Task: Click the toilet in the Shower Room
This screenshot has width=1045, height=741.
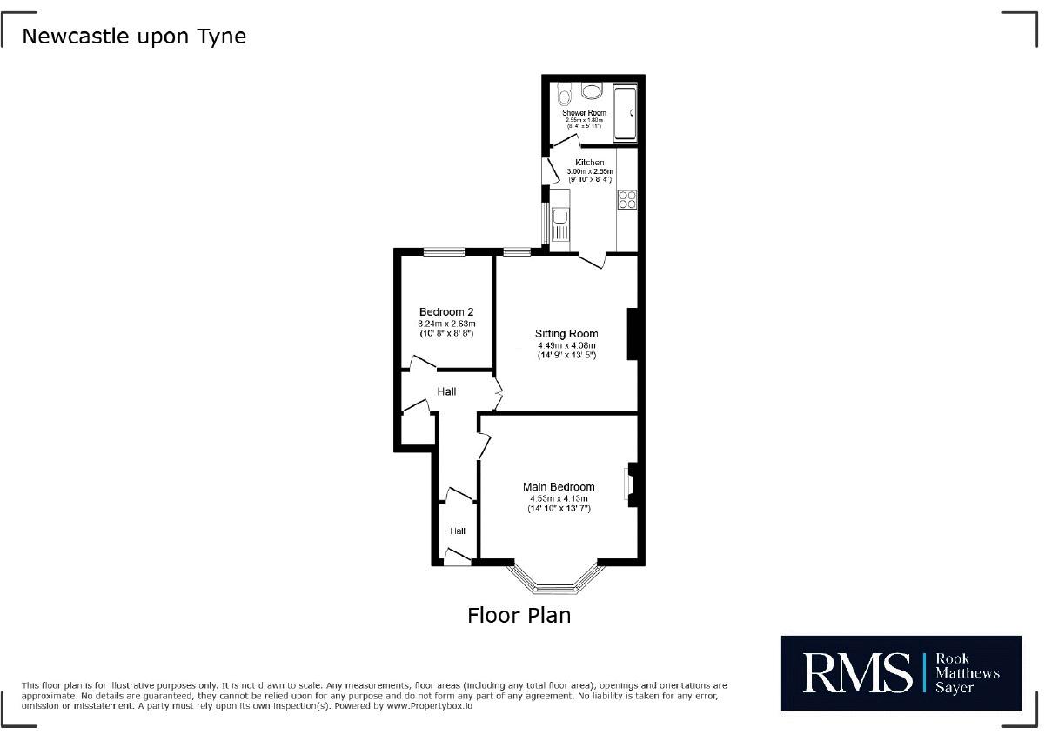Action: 564,95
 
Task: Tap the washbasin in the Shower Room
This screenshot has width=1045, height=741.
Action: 592,91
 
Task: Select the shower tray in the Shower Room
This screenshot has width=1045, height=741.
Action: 625,113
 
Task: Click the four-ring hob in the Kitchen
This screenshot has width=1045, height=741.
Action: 627,199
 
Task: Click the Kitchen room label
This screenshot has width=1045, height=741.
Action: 590,163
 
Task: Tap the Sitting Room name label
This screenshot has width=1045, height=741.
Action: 566,334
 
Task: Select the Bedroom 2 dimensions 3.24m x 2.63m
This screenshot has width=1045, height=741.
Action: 446,324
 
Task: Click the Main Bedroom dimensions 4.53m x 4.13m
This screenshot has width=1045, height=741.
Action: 559,498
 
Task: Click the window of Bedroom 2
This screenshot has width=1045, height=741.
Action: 444,252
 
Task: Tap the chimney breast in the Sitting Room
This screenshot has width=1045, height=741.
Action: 632,334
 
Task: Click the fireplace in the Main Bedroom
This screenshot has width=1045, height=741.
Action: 631,484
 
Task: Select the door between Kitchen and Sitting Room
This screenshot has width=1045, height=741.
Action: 593,261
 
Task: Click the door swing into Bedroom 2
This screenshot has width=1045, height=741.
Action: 423,364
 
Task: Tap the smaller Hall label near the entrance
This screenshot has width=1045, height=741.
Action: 458,531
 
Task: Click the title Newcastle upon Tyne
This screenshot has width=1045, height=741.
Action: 134,37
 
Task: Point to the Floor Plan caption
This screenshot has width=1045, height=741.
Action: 519,616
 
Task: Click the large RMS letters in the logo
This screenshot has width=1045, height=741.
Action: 857,673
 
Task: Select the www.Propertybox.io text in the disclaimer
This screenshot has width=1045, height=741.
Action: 429,706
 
